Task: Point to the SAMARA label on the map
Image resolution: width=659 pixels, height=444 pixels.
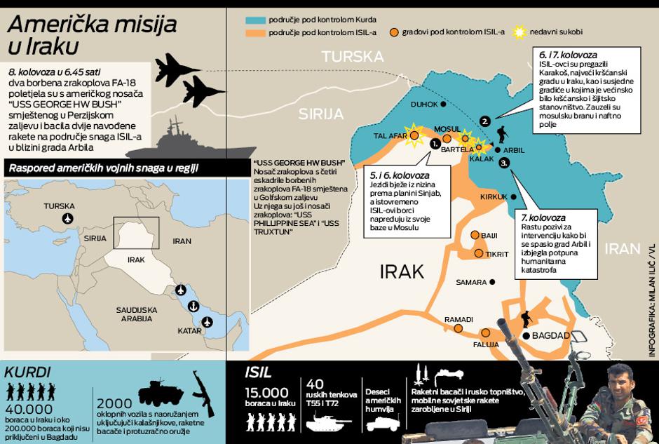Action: (x=470, y=282)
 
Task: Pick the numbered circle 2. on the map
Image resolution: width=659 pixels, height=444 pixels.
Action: (x=484, y=121)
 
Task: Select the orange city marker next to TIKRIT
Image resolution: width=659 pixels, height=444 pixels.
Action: (x=479, y=253)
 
